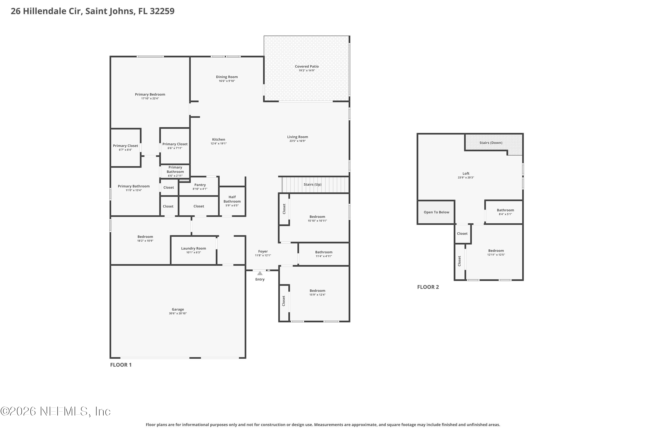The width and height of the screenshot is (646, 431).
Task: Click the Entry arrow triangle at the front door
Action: tap(260, 273)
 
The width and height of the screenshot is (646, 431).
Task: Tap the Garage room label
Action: tap(178, 309)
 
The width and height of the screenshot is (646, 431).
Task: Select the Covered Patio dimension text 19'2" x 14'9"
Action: tap(307, 70)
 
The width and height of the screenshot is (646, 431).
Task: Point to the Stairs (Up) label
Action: tap(313, 184)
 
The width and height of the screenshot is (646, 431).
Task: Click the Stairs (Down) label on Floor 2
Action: tap(491, 143)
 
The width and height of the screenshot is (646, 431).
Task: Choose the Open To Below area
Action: tap(436, 212)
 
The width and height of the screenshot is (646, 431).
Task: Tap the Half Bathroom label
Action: tap(232, 199)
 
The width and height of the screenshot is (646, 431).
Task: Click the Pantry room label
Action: tap(200, 185)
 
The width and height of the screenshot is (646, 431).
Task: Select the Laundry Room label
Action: tap(194, 248)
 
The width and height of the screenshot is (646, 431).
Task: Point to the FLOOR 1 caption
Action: tap(121, 365)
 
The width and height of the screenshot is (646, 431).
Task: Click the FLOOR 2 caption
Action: tap(428, 287)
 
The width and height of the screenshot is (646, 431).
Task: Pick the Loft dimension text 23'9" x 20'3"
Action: tap(466, 178)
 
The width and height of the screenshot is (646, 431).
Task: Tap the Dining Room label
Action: tap(227, 77)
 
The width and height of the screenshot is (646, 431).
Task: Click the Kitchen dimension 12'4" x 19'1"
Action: tap(219, 144)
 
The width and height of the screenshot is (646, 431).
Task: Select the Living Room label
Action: tap(297, 137)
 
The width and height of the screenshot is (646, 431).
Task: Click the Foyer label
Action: tap(263, 251)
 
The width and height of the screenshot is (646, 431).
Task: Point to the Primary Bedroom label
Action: tap(150, 94)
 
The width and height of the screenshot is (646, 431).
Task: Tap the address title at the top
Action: tap(93, 11)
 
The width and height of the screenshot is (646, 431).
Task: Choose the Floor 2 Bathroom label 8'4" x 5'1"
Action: tap(505, 212)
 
